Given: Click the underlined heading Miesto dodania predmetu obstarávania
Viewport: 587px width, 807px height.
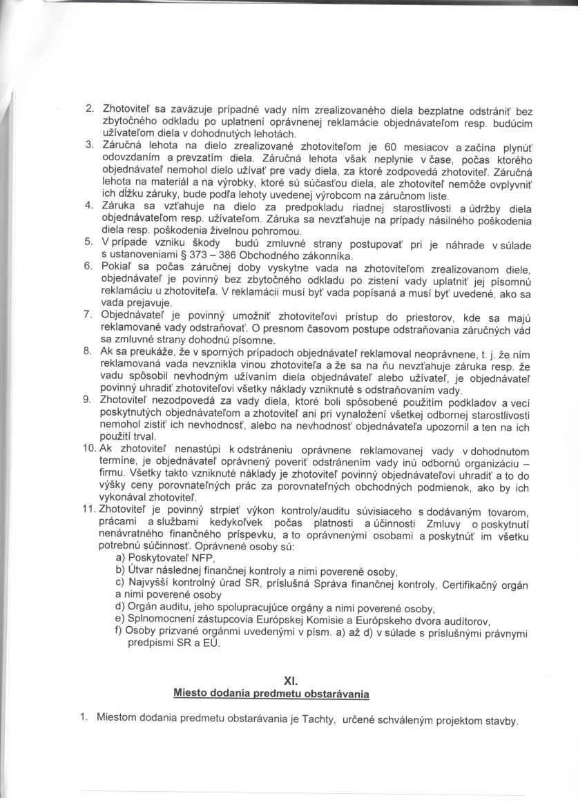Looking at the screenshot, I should pos(271,692).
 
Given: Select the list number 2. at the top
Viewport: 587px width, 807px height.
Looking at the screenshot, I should pos(90,109).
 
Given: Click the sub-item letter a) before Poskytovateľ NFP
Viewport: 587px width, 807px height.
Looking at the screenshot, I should pos(120,558).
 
